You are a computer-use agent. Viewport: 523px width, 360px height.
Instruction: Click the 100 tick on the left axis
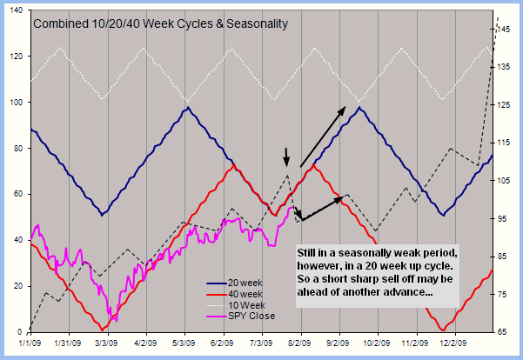point(15,103)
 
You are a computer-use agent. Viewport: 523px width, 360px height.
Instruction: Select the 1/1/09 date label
point(30,343)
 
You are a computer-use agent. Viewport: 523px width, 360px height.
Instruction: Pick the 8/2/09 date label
point(300,343)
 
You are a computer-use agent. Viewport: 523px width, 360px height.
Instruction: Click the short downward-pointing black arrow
point(285,157)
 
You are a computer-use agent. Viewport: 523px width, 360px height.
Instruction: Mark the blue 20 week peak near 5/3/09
point(186,107)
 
